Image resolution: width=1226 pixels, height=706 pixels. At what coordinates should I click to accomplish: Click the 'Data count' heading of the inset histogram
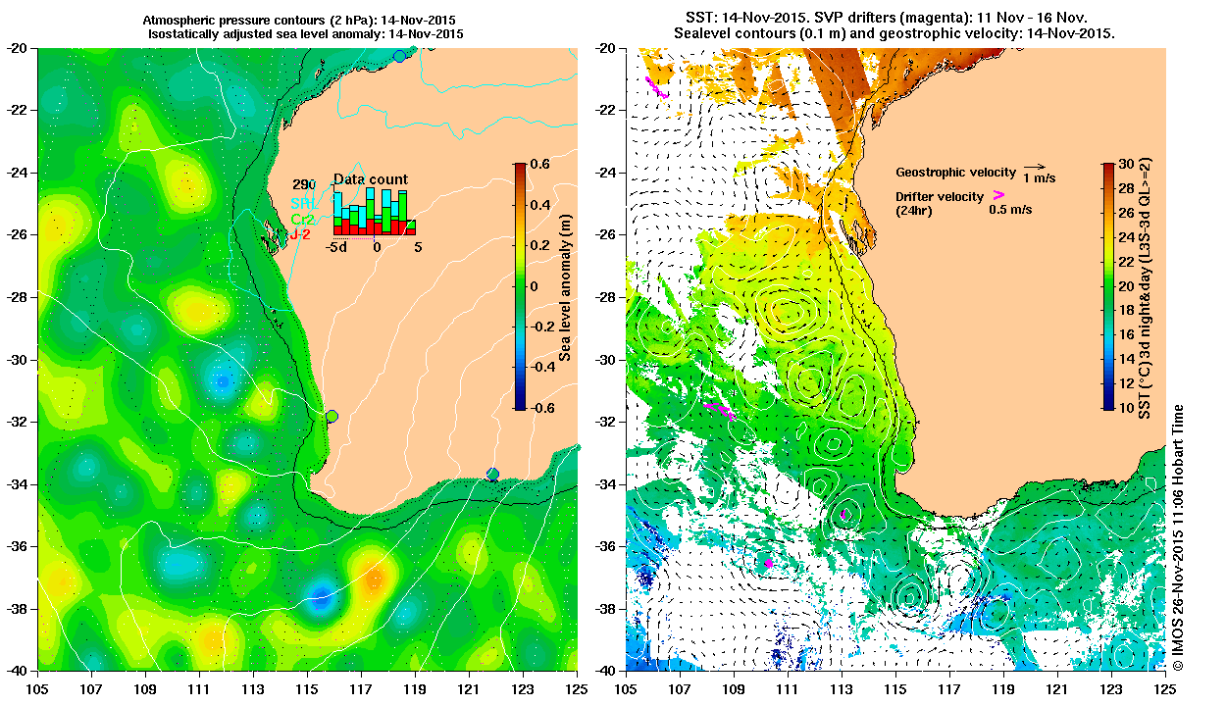371,179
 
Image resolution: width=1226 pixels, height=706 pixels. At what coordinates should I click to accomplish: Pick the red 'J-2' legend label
300,235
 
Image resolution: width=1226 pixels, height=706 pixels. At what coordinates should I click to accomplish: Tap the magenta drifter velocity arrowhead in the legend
998,195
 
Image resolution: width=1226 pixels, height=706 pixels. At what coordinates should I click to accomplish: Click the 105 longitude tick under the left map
38,678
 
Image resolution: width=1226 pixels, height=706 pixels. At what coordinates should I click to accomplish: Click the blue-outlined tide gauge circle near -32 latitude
332,416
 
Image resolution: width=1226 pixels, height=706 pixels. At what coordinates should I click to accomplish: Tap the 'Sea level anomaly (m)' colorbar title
566,285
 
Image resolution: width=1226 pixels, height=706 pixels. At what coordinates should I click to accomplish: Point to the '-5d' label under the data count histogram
338,248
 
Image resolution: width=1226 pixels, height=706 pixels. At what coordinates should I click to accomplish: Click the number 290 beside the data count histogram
303,184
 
